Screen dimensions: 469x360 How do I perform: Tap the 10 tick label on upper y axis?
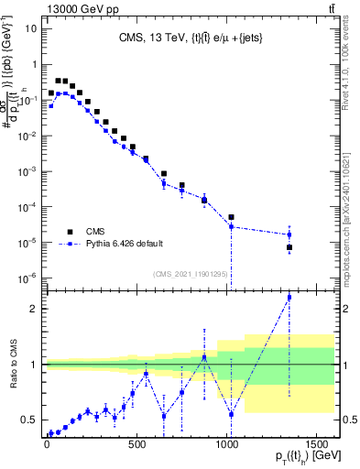tap(30, 28)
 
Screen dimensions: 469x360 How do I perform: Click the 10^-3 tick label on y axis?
tap(28, 171)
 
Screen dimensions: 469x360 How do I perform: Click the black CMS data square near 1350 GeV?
tap(289, 247)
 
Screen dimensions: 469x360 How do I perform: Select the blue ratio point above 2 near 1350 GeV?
tap(289, 297)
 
